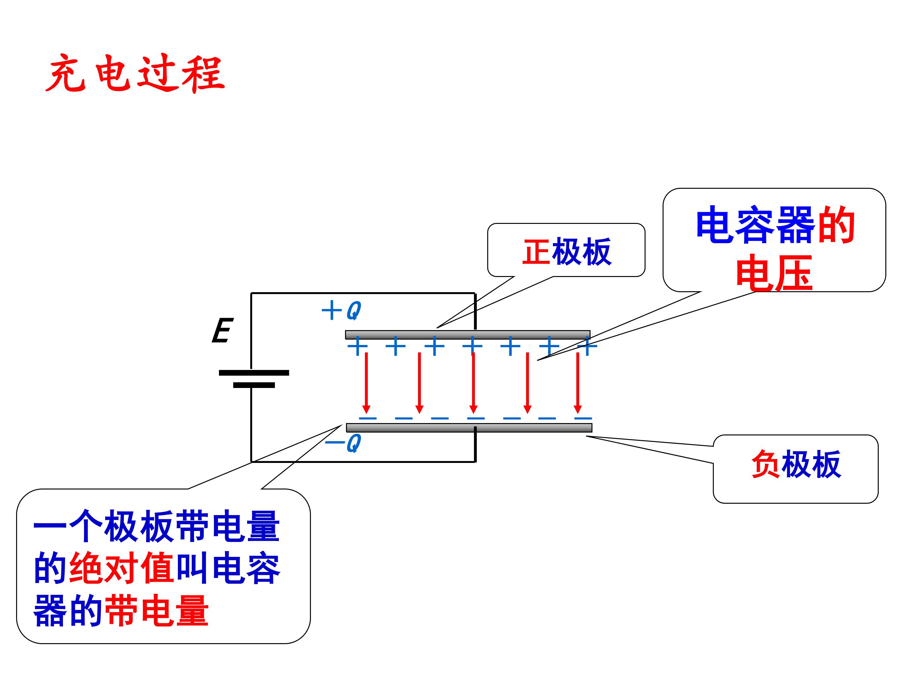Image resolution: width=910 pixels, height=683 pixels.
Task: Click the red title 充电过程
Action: point(135,73)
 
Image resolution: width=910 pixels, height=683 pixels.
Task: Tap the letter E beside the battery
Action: point(222,330)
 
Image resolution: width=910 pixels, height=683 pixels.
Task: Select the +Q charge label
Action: point(341,311)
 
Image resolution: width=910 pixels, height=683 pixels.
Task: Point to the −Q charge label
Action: point(343,443)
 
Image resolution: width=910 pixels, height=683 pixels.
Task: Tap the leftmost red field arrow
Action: point(366,383)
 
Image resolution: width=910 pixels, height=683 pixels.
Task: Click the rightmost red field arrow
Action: point(578,383)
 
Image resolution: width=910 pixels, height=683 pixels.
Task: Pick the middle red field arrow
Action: point(474,383)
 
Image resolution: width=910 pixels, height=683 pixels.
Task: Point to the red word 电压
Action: point(774,273)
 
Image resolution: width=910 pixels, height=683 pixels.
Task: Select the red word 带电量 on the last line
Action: point(157,611)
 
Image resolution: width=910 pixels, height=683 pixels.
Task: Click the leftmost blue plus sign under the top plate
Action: point(357,346)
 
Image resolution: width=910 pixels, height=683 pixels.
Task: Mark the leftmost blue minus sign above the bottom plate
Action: point(368,418)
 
